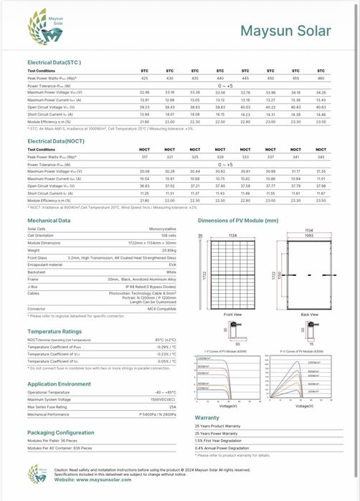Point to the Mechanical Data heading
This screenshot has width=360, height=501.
[49, 221]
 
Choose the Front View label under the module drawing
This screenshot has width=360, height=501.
[232, 314]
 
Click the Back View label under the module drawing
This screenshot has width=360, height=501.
[310, 314]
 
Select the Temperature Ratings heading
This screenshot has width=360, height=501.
[54, 332]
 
